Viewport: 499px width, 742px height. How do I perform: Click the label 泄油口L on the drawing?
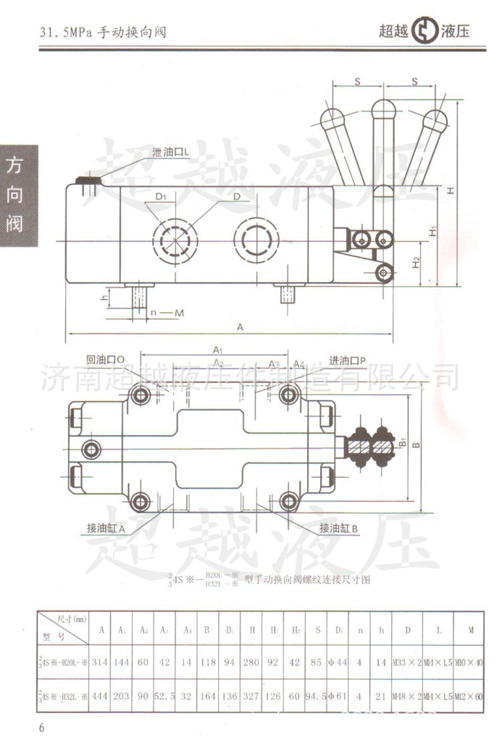(x=171, y=153)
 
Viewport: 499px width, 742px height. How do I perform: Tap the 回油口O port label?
(x=106, y=359)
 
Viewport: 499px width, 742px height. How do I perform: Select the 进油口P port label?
(x=348, y=361)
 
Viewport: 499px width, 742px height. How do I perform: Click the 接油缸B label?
(x=339, y=528)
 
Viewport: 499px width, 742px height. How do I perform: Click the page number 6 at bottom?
(x=41, y=728)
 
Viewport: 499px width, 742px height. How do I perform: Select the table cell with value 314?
(x=100, y=663)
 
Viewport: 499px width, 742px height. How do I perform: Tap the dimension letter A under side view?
(x=240, y=328)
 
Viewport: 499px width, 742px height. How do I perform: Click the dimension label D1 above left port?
(x=161, y=196)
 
